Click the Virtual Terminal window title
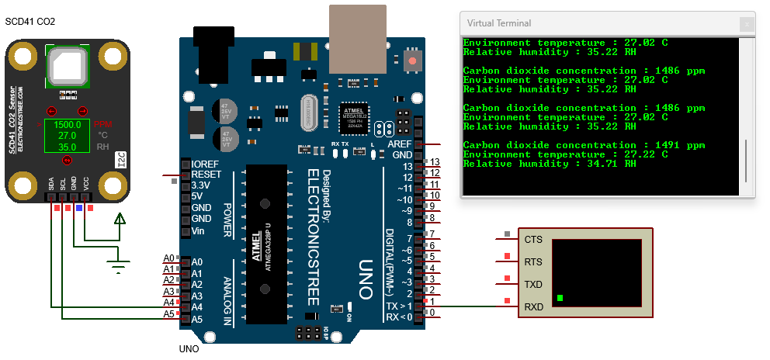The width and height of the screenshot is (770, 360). tap(500, 23)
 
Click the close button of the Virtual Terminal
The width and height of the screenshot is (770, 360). tap(746, 24)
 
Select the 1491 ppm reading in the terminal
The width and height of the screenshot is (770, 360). tap(680, 145)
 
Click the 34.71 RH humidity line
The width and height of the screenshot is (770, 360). tap(550, 164)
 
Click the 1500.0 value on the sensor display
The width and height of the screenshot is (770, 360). tap(68, 125)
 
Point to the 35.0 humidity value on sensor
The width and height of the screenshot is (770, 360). tap(68, 147)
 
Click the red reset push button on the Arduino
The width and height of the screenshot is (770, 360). tap(413, 60)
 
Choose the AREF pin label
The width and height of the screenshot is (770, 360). tap(401, 144)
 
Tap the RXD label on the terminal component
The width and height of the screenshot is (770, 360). tap(533, 306)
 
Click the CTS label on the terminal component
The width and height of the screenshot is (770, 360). tap(533, 240)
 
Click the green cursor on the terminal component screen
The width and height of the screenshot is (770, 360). tap(560, 298)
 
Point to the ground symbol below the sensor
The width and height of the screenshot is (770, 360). tap(118, 268)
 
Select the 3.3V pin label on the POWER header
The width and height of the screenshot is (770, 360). tap(201, 185)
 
